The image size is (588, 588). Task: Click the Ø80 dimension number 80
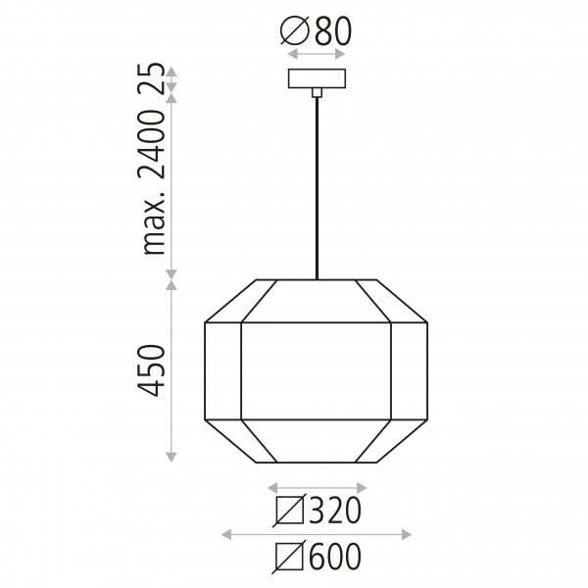(x=333, y=31)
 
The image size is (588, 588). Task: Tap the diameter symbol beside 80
(x=295, y=31)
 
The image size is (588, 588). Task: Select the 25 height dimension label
(x=151, y=78)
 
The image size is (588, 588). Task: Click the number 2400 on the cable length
(x=151, y=144)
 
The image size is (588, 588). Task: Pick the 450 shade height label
(x=151, y=370)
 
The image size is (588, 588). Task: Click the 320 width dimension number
(x=335, y=511)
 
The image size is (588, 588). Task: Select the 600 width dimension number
(x=335, y=557)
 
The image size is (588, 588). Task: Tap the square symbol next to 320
(x=289, y=511)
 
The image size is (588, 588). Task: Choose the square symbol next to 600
(x=289, y=557)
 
